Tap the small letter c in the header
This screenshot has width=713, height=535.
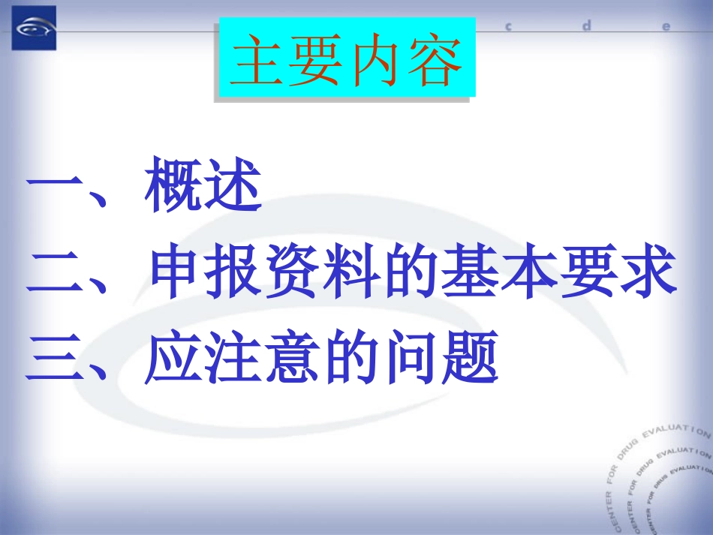point(508,26)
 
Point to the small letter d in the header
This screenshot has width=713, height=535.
point(587,25)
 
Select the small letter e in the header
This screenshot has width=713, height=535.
point(665,26)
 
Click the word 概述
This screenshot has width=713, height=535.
point(203,185)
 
